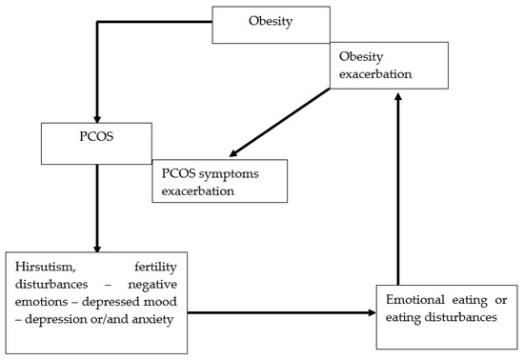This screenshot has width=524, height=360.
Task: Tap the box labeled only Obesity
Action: (x=272, y=24)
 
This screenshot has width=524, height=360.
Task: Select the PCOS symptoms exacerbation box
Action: (x=218, y=181)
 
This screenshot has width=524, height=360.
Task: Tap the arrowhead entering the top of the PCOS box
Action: (x=96, y=112)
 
